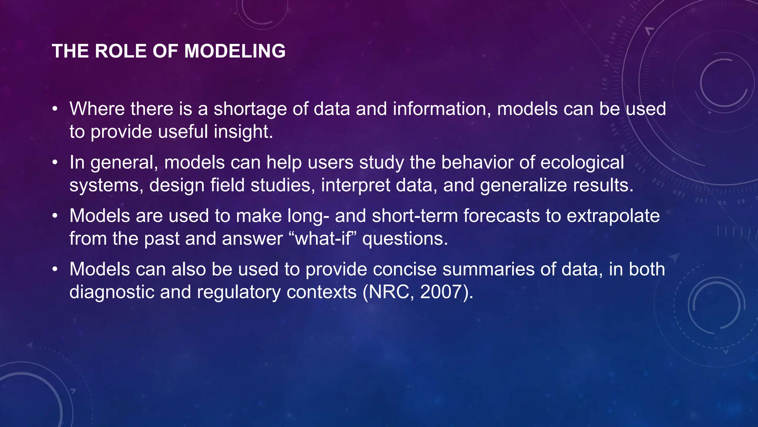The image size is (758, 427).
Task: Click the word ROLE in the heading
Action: [121, 51]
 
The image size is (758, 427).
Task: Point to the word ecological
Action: [582, 163]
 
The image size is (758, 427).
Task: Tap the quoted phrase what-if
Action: [322, 238]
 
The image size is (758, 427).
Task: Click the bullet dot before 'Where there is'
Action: [55, 109]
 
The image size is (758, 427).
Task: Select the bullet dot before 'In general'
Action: [55, 163]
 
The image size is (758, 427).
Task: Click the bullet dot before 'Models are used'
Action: [55, 216]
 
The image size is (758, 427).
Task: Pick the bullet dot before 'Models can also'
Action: [55, 269]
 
